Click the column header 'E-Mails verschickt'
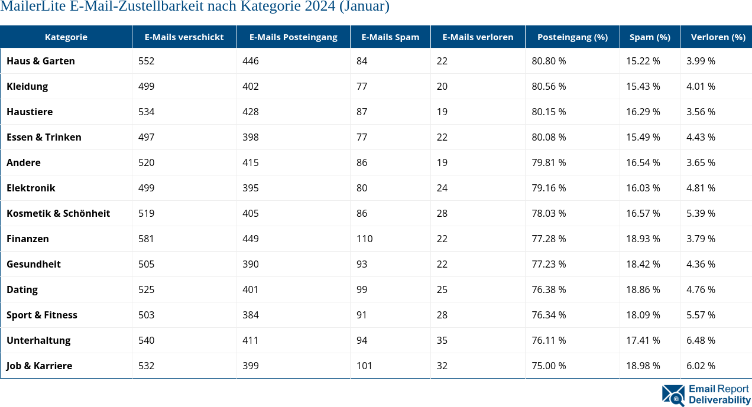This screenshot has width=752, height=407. point(184,37)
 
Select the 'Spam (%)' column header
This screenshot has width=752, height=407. point(650,37)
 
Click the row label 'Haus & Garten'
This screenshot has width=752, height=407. point(41,61)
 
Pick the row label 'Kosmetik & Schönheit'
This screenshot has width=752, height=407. point(58,213)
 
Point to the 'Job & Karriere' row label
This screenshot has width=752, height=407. point(39,366)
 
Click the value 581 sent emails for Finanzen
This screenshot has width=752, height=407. point(146,239)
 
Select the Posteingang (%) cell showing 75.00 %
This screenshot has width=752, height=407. point(549,366)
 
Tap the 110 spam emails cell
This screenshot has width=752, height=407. point(364,239)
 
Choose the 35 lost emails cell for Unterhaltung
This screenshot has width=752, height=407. point(442,340)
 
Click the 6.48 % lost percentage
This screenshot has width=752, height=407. point(701,340)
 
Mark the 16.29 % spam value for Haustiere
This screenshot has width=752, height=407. point(643,112)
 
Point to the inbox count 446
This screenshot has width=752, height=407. point(250,61)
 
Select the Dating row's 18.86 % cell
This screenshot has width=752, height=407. point(643,289)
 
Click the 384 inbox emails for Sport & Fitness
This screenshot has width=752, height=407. point(250,315)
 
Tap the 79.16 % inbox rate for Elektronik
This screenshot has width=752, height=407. point(549,188)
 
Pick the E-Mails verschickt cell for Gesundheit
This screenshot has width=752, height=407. point(146,264)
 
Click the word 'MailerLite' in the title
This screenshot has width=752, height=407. point(29,7)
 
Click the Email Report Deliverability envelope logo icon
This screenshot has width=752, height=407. point(673,395)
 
